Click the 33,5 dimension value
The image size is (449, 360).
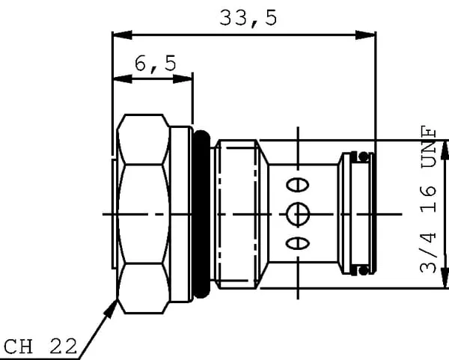[248, 18]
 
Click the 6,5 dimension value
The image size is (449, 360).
[155, 64]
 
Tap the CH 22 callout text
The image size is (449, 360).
[40, 347]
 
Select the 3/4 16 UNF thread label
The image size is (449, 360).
[428, 200]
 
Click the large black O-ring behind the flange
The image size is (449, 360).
[201, 214]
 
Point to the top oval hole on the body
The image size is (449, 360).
[298, 185]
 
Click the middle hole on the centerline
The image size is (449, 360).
[298, 214]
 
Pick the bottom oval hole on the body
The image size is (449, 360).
[298, 244]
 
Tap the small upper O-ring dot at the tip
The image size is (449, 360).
[364, 156]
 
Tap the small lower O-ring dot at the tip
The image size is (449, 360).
[364, 270]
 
